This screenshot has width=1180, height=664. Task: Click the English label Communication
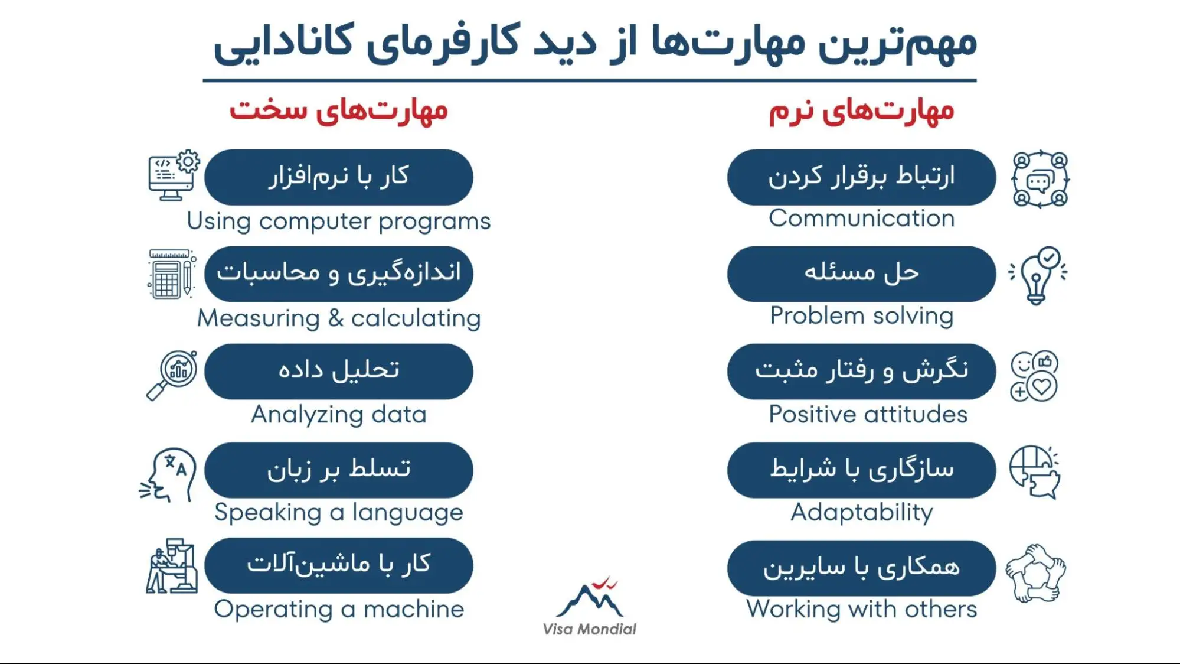[x=861, y=219]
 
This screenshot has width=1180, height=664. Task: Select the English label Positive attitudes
[x=868, y=415]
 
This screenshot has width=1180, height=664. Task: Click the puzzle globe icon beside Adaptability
[x=1035, y=471]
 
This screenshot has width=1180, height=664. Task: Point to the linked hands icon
[x=1035, y=573]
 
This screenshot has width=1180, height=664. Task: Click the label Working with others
[x=861, y=609]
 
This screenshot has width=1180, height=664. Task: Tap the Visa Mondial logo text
[x=589, y=629]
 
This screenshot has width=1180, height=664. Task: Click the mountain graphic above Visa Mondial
[x=590, y=597]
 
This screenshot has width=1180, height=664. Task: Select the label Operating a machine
[x=339, y=609]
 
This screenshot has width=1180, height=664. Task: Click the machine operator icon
[x=171, y=566]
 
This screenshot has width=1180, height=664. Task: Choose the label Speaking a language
[x=339, y=513]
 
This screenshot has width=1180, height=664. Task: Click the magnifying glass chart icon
[x=172, y=375]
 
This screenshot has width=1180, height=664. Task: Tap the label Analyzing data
[x=339, y=415]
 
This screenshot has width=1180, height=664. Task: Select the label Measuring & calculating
[x=339, y=318]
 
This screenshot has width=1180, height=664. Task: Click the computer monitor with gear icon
[x=174, y=175]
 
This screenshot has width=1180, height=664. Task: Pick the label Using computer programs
[x=339, y=222]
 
